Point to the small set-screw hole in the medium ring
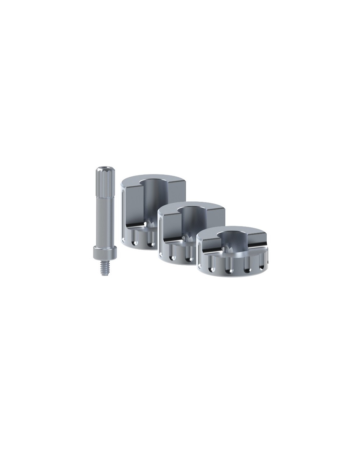click(x=184, y=238)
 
